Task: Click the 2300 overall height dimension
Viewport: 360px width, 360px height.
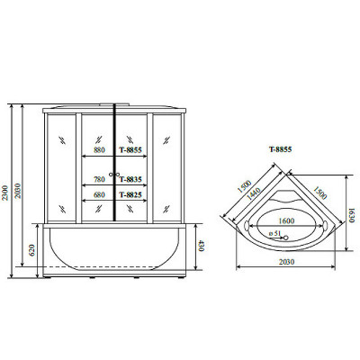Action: (x=6, y=193)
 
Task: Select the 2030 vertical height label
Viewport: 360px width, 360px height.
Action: (x=18, y=191)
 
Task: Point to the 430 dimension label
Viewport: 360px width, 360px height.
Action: (x=201, y=245)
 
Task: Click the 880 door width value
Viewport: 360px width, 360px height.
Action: (x=99, y=149)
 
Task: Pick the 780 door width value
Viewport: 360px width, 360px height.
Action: (x=99, y=179)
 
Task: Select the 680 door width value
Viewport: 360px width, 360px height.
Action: (x=99, y=195)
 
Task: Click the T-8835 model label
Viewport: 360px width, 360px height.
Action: (x=130, y=179)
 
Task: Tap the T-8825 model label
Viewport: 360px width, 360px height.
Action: (x=130, y=195)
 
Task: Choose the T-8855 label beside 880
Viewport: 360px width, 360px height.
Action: (x=130, y=149)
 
